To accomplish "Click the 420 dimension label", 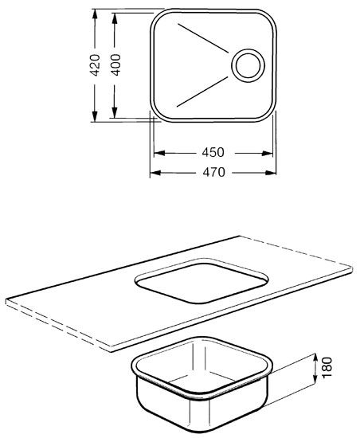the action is coord(95,65).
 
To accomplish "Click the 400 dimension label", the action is coord(115,65).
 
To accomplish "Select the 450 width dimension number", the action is coord(213,153).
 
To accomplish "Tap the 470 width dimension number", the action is coord(213,172).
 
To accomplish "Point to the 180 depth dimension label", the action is coord(327,367).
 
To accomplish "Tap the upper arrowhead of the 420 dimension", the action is coord(95,14).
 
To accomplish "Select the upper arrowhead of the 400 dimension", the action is coord(114,18).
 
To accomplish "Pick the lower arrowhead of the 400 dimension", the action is coord(114,113).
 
